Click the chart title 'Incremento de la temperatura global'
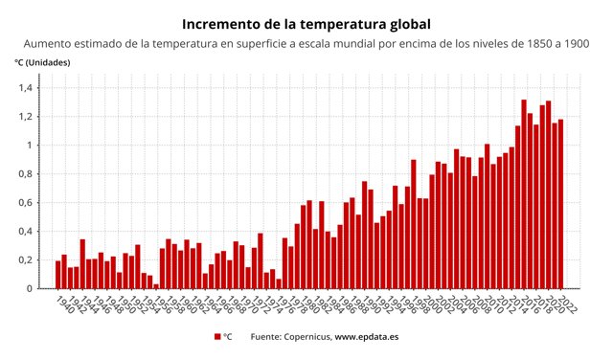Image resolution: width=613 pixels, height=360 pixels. tap(306, 22)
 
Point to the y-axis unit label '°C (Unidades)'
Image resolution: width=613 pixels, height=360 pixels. tap(42, 62)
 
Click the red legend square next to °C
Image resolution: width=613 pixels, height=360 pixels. tap(217, 337)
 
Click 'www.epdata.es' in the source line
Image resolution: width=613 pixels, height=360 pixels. tap(366, 337)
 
